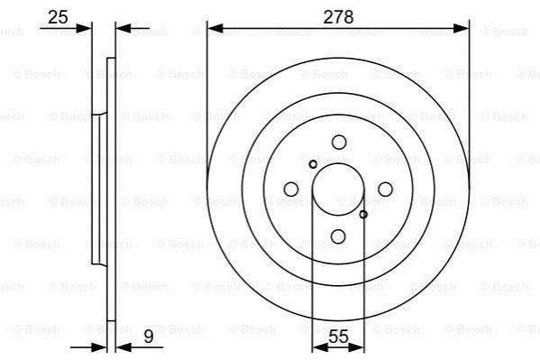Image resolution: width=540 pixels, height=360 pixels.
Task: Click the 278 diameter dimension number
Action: pos(338,17)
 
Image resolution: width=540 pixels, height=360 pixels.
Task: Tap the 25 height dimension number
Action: pos(58,17)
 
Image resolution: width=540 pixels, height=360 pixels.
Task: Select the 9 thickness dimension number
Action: pos(149,337)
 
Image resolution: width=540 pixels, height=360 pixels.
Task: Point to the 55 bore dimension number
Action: pos(339,337)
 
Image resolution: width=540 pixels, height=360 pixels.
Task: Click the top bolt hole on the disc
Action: pos(339,142)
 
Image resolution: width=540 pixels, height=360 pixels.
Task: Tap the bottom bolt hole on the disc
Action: pos(338,236)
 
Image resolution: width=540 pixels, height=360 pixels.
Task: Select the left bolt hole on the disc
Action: pos(291,189)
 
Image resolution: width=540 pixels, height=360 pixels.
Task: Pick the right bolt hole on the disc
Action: pos(385,189)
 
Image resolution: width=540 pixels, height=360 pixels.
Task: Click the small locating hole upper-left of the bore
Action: pos(313,164)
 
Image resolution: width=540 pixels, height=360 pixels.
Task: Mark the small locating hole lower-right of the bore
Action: pos(363,215)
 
